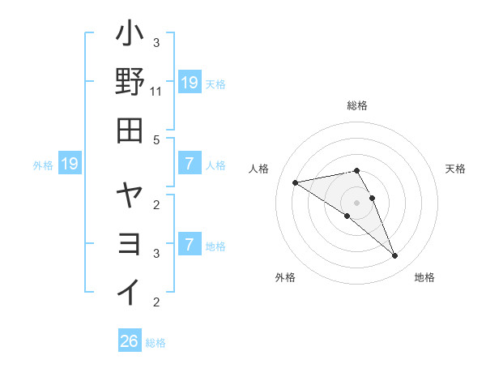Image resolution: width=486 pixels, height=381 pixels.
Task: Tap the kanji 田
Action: click(x=130, y=130)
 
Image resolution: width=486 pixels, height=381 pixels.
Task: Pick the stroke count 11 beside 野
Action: click(x=156, y=92)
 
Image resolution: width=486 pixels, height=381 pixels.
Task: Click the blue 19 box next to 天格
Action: click(x=189, y=82)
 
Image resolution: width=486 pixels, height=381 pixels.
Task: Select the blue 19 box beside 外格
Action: click(x=70, y=165)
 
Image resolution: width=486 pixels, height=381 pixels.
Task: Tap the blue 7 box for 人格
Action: click(x=189, y=165)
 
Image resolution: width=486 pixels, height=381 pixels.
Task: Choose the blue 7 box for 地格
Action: click(x=189, y=245)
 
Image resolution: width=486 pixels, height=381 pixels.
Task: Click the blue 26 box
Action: click(x=130, y=341)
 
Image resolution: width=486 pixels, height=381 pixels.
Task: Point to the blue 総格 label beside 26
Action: click(x=156, y=343)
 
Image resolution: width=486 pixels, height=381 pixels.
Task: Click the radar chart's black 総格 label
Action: click(x=357, y=105)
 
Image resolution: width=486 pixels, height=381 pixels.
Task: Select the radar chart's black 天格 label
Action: click(x=456, y=169)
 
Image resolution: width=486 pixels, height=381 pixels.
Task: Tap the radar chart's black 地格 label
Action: click(x=424, y=277)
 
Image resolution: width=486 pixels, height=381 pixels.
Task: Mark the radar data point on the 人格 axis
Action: click(x=295, y=182)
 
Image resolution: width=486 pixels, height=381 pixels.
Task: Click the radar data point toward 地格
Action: click(x=395, y=256)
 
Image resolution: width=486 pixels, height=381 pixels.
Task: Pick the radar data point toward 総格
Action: click(x=357, y=170)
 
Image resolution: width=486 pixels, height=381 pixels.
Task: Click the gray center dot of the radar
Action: click(x=357, y=202)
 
